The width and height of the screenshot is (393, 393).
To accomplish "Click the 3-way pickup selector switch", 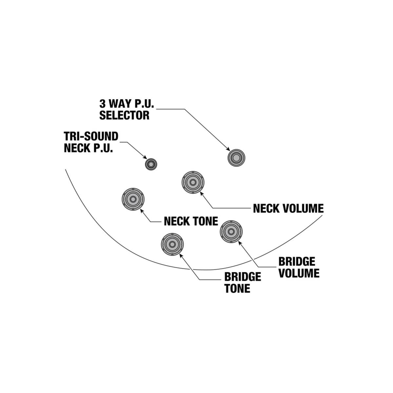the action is [x=236, y=158].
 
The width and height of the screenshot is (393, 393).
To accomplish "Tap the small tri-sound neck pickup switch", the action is [x=151, y=165].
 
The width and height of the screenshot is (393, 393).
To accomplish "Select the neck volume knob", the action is [x=193, y=183].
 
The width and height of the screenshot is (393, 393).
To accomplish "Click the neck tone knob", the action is [x=133, y=199].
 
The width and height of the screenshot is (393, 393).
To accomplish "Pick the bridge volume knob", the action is [x=231, y=232].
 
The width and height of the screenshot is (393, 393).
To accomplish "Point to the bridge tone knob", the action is [x=172, y=245].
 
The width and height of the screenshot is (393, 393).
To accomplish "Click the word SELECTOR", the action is [x=124, y=115].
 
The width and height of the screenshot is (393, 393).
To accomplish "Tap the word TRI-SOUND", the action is [x=91, y=136].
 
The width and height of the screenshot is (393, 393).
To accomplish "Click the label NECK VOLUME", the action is [x=288, y=208].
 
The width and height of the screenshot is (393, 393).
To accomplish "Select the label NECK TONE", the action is [x=191, y=221].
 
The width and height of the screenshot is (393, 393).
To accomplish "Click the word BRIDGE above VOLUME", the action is [x=297, y=262].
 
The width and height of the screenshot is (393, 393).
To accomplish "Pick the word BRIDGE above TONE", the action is [x=243, y=277].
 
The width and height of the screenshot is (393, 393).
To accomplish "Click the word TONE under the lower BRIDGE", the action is [x=237, y=288].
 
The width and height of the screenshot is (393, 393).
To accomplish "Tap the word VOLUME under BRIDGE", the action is [x=299, y=273].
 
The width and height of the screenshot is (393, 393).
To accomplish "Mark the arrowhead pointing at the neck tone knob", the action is [x=142, y=210].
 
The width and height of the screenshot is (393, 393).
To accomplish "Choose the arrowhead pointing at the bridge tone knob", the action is [x=181, y=255].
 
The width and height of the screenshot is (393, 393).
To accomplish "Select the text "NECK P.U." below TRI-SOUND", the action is [x=88, y=148].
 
